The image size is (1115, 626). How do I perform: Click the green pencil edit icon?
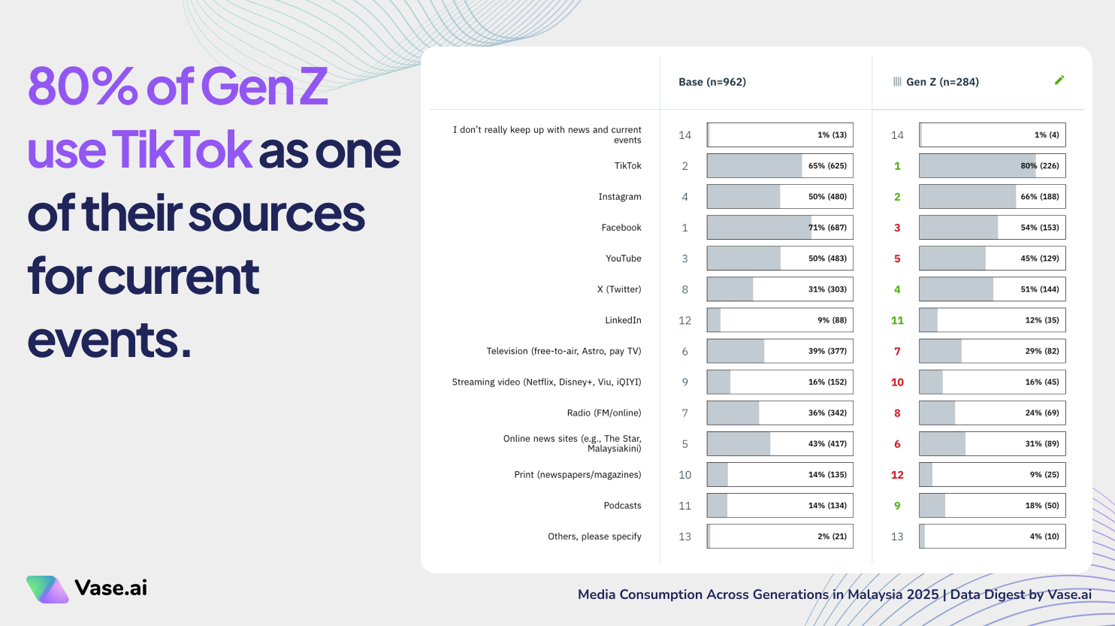click(x=1059, y=80)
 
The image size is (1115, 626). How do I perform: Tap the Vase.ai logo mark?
click(x=47, y=589)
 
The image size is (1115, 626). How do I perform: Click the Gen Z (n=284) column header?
click(x=942, y=82)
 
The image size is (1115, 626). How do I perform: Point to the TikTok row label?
click(x=627, y=166)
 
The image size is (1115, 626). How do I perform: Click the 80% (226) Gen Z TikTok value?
click(x=1039, y=166)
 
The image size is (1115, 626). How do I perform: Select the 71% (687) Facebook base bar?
click(x=779, y=228)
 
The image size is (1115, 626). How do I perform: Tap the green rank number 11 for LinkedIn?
click(x=897, y=320)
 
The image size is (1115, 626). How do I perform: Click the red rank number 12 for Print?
click(x=897, y=475)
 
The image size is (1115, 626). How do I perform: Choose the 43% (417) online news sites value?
click(x=826, y=444)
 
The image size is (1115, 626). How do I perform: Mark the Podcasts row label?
click(x=622, y=506)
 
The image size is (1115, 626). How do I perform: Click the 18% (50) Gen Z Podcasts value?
click(x=1041, y=506)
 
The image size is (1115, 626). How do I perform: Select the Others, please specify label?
click(x=594, y=537)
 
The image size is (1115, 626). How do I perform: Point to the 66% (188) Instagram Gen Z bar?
click(x=992, y=197)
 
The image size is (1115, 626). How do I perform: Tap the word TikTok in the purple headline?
click(x=181, y=150)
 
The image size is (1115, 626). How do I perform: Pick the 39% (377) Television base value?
click(x=826, y=351)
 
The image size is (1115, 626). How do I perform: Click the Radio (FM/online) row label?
click(x=604, y=413)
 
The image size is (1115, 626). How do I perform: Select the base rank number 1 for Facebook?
click(x=684, y=228)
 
